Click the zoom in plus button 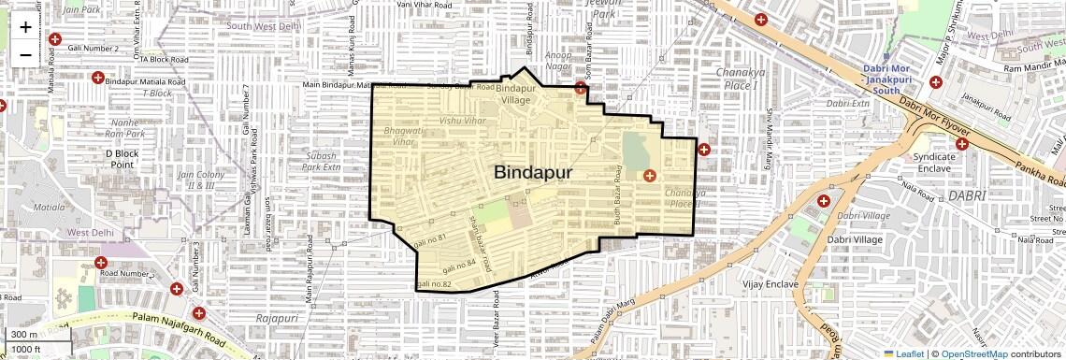point(25,27)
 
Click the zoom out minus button point(25,55)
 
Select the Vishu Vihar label point(464,121)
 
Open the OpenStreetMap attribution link point(973,353)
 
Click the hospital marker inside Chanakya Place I point(649,175)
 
